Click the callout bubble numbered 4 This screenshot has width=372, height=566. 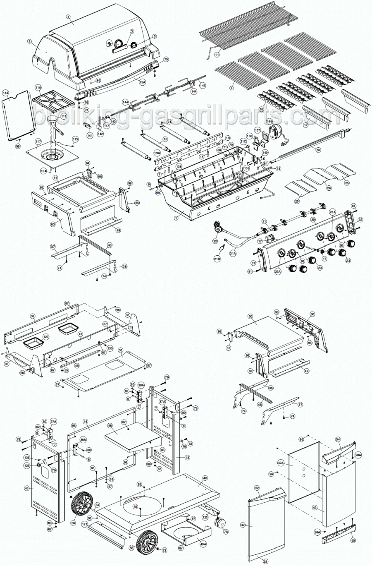68,17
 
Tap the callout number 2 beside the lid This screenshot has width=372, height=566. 30,41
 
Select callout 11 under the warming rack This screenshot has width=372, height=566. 217,55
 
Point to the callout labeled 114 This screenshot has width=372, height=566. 6,94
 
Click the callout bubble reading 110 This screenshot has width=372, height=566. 38,88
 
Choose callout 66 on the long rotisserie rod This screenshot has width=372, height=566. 318,150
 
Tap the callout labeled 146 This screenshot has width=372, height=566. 269,121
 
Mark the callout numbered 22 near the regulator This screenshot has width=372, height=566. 215,241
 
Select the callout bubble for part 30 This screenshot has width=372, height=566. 313,220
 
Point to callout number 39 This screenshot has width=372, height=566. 33,316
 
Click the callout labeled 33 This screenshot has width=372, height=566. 121,350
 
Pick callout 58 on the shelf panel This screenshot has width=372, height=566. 110,425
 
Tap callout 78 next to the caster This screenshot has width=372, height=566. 226,531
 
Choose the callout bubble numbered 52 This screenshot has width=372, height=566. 257,488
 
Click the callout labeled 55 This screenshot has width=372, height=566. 353,540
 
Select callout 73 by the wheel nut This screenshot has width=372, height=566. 164,551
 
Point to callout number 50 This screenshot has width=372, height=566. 250,316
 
